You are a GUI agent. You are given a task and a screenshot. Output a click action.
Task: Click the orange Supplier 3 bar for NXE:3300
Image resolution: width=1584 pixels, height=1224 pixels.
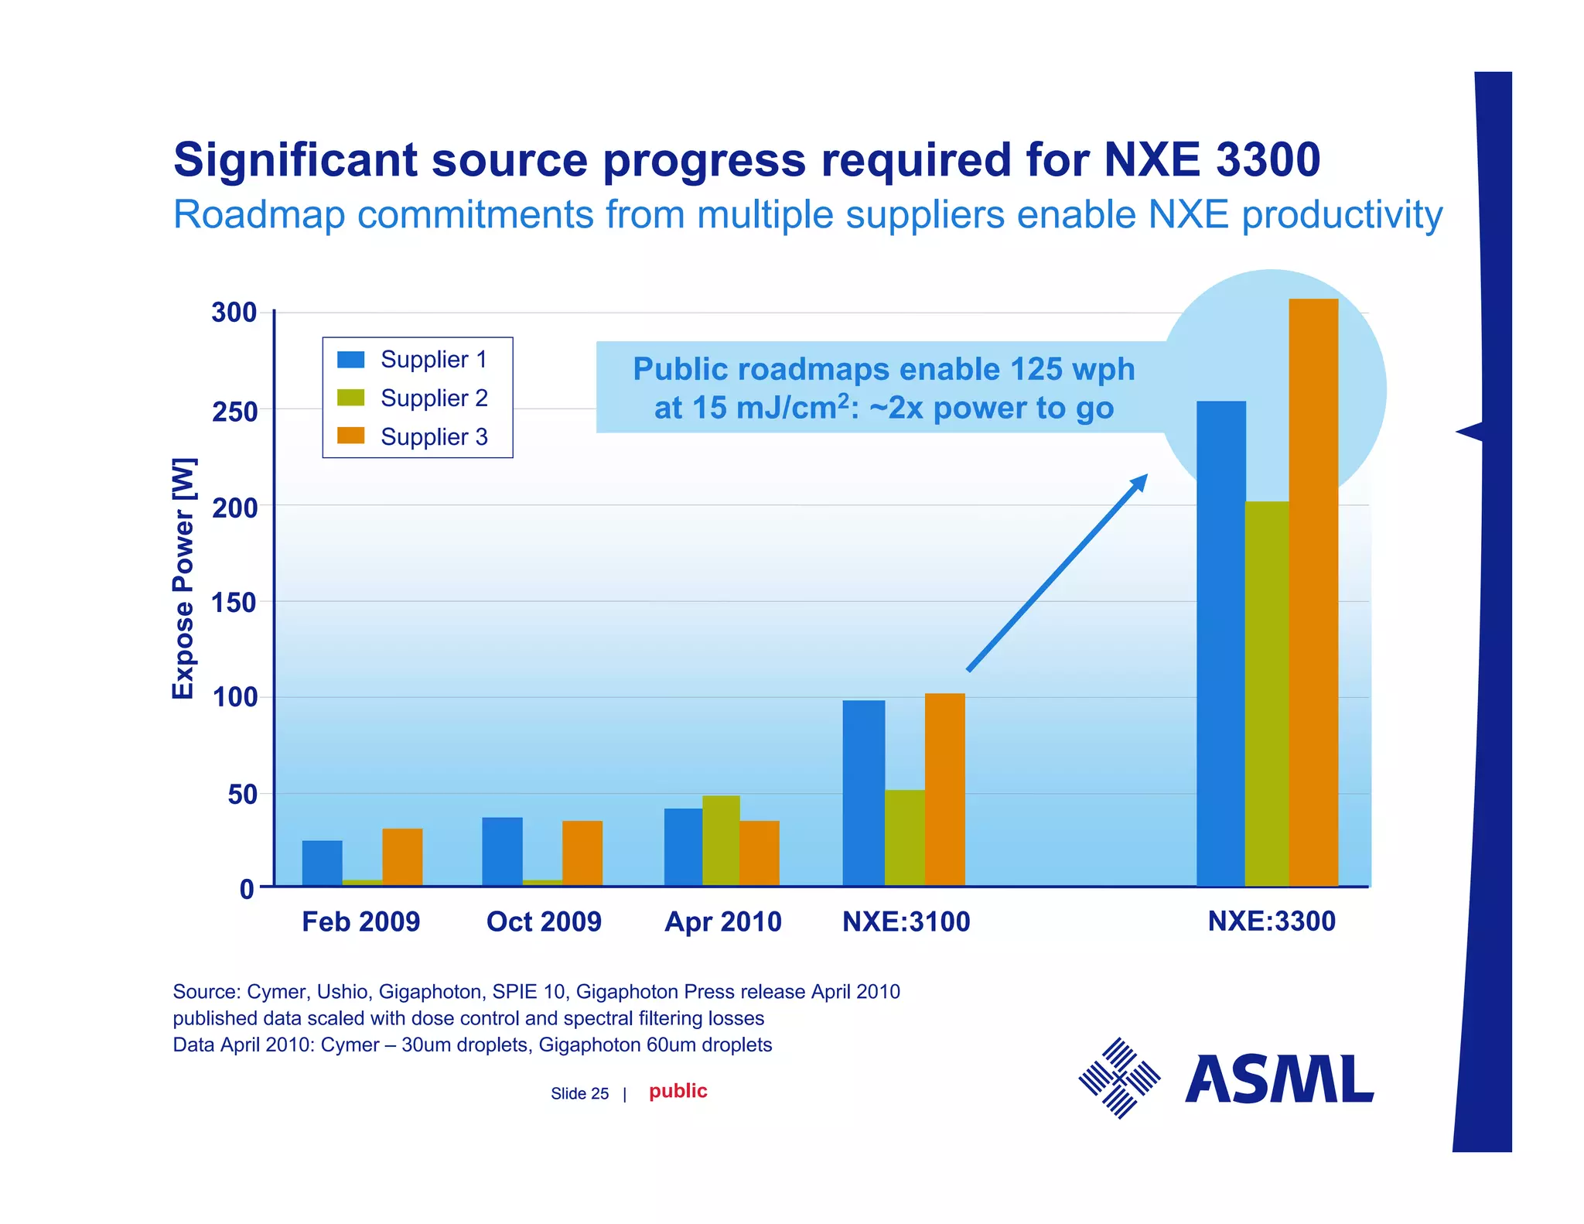[x=1313, y=592]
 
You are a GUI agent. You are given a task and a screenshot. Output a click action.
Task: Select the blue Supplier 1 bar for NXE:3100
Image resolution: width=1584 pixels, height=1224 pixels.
[x=863, y=792]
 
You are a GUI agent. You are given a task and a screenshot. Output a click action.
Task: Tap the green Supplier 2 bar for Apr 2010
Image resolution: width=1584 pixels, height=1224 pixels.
[x=721, y=840]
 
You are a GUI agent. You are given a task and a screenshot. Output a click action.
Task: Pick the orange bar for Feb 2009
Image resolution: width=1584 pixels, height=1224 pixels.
[x=402, y=856]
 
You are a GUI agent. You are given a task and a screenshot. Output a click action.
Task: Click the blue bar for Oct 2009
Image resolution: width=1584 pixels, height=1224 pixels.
[x=502, y=851]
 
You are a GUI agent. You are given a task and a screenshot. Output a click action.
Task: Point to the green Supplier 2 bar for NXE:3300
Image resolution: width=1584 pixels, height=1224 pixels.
[x=1266, y=693]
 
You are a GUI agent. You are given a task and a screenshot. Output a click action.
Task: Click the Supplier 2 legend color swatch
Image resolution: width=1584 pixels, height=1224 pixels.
[x=350, y=398]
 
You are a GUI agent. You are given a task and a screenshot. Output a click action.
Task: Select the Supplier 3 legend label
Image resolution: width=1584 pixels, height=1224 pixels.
[x=434, y=437]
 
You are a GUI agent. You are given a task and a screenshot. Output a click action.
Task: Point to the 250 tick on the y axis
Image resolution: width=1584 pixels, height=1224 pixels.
[x=234, y=412]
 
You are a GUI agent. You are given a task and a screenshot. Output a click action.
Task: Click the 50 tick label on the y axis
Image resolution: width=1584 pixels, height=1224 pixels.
[x=242, y=795]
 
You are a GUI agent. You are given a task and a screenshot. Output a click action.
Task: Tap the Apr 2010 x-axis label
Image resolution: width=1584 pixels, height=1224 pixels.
[x=723, y=921]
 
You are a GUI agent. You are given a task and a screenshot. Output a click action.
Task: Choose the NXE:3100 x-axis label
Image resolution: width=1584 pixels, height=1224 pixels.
[x=906, y=921]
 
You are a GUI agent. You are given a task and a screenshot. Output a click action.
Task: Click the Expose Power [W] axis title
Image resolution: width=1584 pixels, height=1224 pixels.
[x=183, y=578]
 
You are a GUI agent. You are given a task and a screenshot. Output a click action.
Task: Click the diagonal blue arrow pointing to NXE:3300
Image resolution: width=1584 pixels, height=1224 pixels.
[x=1057, y=573]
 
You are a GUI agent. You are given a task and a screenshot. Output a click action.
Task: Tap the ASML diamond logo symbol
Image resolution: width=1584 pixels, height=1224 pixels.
[x=1119, y=1078]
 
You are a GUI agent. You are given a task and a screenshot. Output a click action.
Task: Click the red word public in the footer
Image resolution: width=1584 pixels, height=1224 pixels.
[x=678, y=1091]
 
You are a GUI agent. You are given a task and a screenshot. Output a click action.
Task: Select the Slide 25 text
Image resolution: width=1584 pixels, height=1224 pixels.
[x=579, y=1093]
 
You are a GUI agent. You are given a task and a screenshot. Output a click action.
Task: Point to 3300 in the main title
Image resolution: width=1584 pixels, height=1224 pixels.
[x=1268, y=160]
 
